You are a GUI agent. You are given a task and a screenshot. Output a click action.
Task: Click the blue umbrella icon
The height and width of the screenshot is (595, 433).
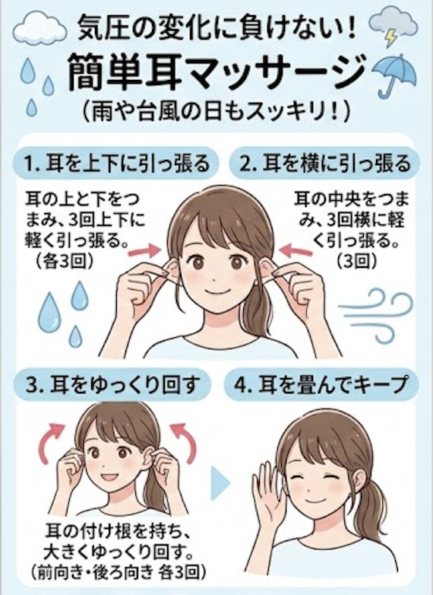[x=394, y=72]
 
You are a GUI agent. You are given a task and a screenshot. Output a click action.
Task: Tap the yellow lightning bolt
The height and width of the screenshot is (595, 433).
[x=390, y=38]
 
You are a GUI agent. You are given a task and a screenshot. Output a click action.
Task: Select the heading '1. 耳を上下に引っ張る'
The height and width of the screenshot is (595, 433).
[x=116, y=164]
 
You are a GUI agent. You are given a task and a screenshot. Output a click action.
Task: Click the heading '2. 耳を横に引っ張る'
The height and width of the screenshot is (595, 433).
[x=325, y=164]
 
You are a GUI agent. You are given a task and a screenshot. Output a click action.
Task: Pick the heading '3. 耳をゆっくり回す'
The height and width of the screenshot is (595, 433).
[x=112, y=386]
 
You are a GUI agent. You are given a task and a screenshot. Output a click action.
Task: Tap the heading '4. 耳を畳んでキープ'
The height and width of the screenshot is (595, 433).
[x=321, y=386]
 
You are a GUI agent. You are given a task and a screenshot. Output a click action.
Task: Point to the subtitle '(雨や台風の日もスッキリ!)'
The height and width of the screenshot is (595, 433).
[x=216, y=112]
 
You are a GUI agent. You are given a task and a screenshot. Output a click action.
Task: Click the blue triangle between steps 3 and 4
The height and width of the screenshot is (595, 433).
[x=220, y=483]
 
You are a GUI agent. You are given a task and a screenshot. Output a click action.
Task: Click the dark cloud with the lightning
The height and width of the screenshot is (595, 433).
[x=394, y=23]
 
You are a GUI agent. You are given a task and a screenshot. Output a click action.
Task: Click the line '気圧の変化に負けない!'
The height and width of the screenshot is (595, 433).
[x=216, y=30]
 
